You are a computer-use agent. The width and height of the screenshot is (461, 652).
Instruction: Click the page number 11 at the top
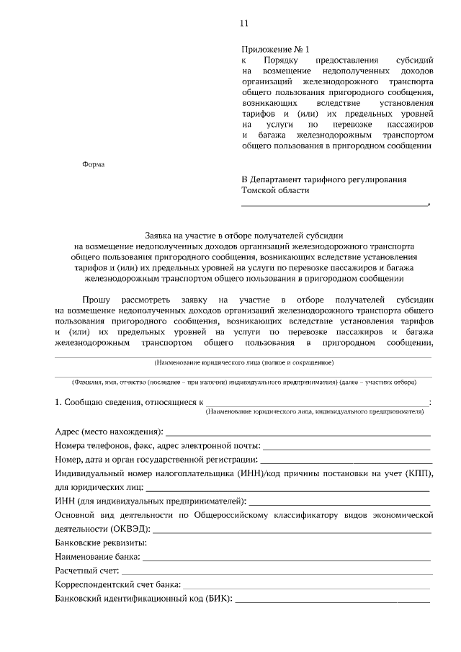coord(243,23)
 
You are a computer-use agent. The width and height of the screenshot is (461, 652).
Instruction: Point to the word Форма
coord(94,164)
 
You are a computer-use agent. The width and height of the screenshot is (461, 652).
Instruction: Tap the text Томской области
coord(275,190)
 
